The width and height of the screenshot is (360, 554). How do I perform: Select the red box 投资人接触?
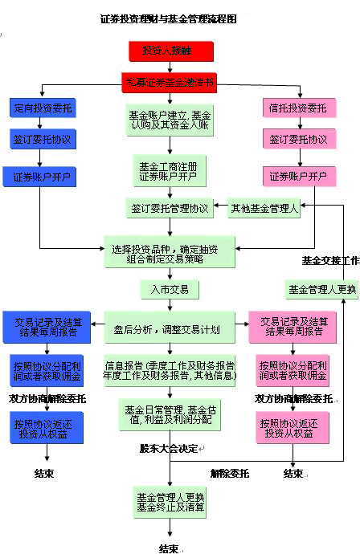pyautogui.click(x=171, y=51)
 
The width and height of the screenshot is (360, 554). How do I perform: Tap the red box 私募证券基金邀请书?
pyautogui.click(x=170, y=82)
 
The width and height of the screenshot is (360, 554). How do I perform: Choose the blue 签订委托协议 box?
pyautogui.click(x=43, y=140)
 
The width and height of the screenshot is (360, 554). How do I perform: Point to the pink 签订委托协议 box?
pyautogui.click(x=297, y=140)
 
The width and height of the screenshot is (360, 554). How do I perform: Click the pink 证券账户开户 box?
pyautogui.click(x=297, y=176)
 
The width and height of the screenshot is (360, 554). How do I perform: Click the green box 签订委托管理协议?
pyautogui.click(x=170, y=208)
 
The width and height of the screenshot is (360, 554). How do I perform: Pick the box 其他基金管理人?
pyautogui.click(x=264, y=208)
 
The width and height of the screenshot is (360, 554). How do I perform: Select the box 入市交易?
pyautogui.click(x=170, y=288)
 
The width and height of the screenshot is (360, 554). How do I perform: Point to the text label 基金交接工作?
pyautogui.click(x=329, y=260)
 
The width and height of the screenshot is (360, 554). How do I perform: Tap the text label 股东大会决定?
pyautogui.click(x=169, y=448)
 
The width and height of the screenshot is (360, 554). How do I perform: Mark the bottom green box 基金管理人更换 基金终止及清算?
pyautogui.click(x=169, y=501)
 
